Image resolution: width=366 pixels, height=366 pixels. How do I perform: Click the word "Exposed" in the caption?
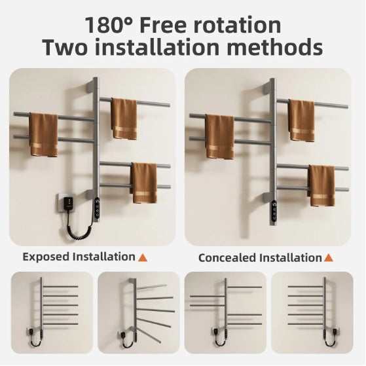(46, 257)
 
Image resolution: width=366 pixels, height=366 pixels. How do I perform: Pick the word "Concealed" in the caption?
(227, 257)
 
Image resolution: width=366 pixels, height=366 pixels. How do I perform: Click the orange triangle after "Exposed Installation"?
(142, 257)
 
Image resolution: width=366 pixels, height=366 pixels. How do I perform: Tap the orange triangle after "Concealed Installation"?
(328, 257)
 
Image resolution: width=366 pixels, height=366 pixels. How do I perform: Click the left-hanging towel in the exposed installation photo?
(44, 135)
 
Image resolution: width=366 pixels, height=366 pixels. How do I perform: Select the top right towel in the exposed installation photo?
(124, 119)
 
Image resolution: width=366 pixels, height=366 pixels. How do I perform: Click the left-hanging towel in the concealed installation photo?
(220, 136)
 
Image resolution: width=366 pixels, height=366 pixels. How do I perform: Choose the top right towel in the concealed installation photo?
(302, 120)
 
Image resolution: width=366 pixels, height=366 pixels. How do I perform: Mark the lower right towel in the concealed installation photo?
(321, 185)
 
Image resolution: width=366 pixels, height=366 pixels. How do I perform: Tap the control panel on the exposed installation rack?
(98, 206)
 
